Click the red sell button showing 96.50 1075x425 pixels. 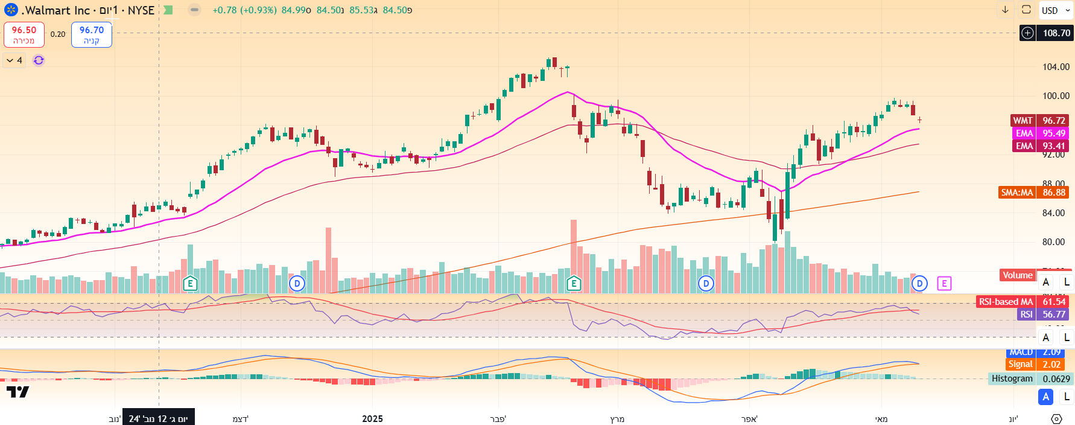24,34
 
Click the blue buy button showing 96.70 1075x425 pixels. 91,34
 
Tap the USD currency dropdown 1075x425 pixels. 1054,10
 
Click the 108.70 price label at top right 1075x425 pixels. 1056,33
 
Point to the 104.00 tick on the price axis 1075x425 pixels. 1056,67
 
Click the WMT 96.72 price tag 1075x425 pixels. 1039,121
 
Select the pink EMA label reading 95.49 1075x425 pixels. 1039,133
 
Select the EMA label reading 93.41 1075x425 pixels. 1039,146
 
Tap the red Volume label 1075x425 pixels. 1017,275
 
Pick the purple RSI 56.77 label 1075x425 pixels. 1042,315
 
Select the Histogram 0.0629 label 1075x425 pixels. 1030,379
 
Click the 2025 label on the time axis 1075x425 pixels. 372,418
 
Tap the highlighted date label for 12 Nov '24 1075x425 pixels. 158,418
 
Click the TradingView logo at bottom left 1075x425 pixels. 17,392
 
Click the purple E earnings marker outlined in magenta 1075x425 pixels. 944,283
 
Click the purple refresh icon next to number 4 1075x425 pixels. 39,60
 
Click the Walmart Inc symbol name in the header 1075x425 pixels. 56,10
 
